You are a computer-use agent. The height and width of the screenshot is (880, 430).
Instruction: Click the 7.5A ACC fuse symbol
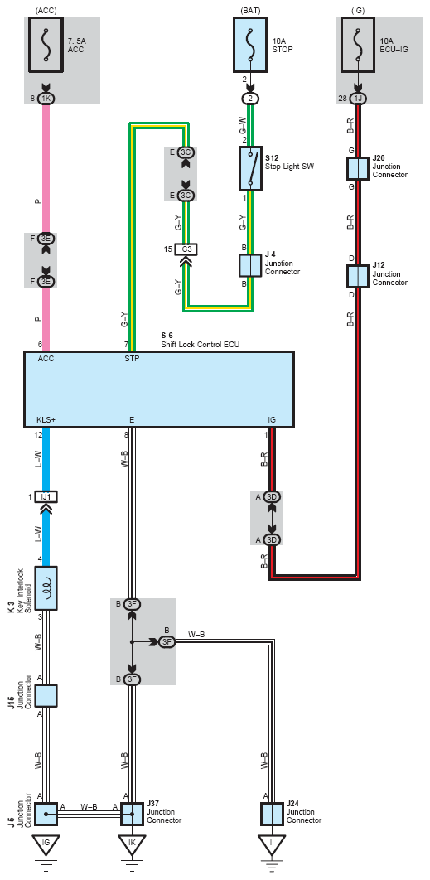[x=46, y=45]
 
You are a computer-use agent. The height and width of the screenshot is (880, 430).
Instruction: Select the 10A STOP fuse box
[x=250, y=45]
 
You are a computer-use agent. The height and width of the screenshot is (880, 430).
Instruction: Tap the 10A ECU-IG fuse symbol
[x=357, y=45]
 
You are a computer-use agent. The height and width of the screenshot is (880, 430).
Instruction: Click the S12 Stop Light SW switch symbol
[x=250, y=168]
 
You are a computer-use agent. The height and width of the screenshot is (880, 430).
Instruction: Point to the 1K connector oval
[x=46, y=99]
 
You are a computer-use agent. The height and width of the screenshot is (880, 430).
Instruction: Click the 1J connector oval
[x=357, y=99]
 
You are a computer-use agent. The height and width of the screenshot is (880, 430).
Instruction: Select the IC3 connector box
[x=186, y=249]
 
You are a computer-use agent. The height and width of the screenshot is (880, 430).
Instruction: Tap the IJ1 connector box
[x=46, y=496]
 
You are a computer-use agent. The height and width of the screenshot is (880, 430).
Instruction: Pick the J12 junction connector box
[x=357, y=276]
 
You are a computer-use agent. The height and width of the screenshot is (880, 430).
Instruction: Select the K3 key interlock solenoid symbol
[x=46, y=587]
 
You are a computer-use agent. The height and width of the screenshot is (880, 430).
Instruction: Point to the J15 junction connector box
[x=46, y=694]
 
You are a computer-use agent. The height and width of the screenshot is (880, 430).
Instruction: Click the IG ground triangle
[x=46, y=843]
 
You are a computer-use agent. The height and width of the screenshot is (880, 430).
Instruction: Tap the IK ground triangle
[x=132, y=843]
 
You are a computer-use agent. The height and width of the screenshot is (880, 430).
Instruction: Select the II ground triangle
[x=272, y=843]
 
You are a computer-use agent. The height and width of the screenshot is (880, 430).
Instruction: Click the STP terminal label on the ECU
[x=132, y=359]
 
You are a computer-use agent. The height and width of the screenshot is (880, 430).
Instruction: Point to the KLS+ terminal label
[x=46, y=420]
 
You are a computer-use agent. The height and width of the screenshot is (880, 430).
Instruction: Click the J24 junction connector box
[x=272, y=814]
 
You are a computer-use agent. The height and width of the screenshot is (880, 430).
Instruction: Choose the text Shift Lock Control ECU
[x=200, y=345]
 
